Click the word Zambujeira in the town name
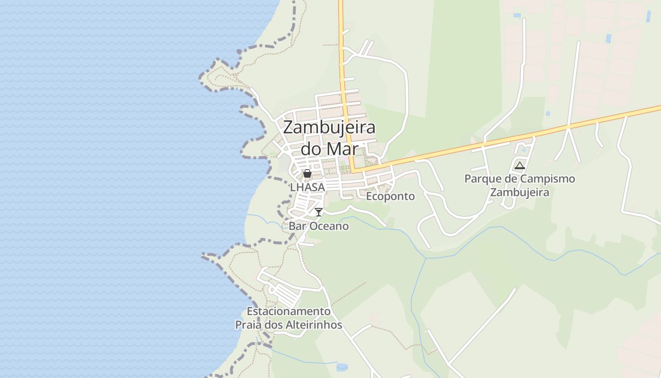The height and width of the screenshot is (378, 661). (329, 128)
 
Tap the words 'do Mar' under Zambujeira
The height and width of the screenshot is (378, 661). (329, 149)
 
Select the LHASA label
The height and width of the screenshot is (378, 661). (307, 188)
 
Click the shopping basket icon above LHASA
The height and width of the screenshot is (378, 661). (307, 173)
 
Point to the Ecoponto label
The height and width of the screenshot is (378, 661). (390, 196)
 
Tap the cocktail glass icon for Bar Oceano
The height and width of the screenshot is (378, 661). (319, 212)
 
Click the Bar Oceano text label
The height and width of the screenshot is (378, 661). (319, 226)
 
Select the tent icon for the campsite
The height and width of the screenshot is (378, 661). (520, 165)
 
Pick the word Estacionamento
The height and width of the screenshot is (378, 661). (288, 312)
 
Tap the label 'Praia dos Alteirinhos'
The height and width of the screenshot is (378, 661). (288, 325)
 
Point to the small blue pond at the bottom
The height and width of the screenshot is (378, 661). (341, 367)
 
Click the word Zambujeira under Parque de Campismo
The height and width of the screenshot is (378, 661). (520, 192)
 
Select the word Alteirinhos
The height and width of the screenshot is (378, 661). (314, 325)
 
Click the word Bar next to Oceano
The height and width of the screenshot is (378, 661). (297, 226)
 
